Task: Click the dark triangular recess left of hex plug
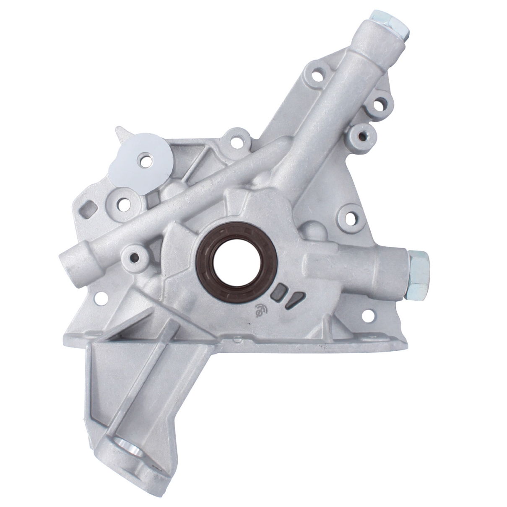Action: (x=293, y=302)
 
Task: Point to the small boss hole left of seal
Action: (x=134, y=256)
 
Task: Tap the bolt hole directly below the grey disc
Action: (x=122, y=203)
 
